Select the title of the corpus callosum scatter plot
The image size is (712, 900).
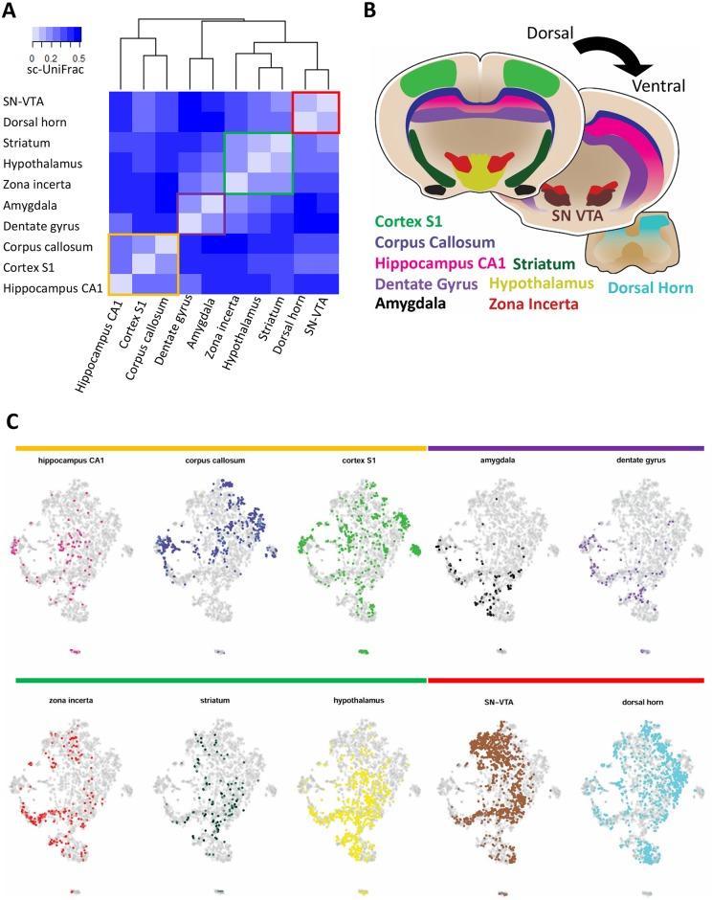coord(218,461)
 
